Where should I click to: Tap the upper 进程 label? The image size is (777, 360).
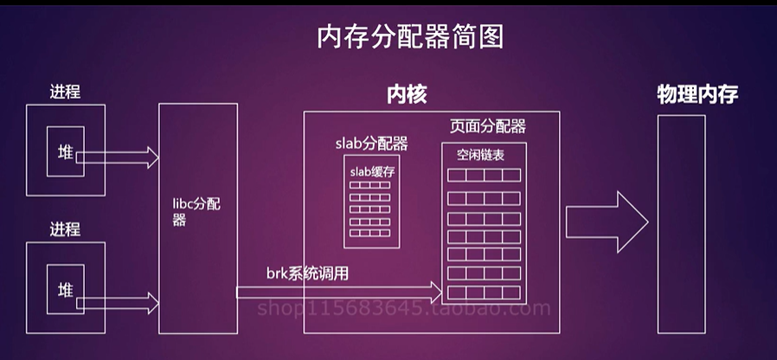click(65, 92)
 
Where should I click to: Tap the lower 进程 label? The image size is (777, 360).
click(65, 229)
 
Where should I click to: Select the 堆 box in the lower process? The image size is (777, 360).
click(65, 288)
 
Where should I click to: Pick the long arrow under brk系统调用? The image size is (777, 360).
click(337, 292)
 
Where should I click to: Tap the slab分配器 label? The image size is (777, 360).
click(371, 143)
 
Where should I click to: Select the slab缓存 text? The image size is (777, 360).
click(373, 171)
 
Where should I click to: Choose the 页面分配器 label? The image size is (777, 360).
click(487, 126)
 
